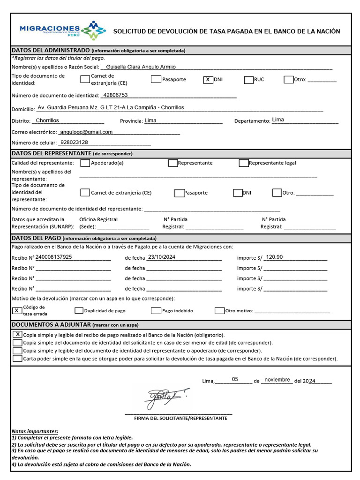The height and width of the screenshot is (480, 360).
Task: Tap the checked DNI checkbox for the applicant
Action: point(208,80)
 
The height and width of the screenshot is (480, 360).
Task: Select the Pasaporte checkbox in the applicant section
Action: point(156,80)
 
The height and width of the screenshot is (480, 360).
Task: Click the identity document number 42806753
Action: point(115,95)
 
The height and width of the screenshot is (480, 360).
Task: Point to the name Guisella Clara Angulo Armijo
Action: point(141,67)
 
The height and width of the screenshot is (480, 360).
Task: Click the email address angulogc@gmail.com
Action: point(87,132)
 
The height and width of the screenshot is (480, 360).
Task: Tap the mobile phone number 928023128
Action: point(75,142)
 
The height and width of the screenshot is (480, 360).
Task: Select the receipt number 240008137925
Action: point(53,257)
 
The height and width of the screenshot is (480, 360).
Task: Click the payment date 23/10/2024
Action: point(161,257)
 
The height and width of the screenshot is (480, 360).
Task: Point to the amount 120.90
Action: point(274,257)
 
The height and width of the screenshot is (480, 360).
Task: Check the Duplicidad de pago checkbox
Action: point(79,310)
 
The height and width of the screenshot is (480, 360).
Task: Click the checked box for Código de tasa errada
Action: point(16,310)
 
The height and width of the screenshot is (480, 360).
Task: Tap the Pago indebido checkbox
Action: point(156,310)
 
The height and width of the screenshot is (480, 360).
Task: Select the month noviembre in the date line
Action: point(277,380)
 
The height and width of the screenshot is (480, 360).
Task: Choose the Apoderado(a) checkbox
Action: point(85,163)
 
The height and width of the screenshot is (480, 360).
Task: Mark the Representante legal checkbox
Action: point(243,163)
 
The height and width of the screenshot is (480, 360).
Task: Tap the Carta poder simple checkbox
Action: point(17,359)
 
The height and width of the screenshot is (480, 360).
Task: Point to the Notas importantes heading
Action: point(35,431)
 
